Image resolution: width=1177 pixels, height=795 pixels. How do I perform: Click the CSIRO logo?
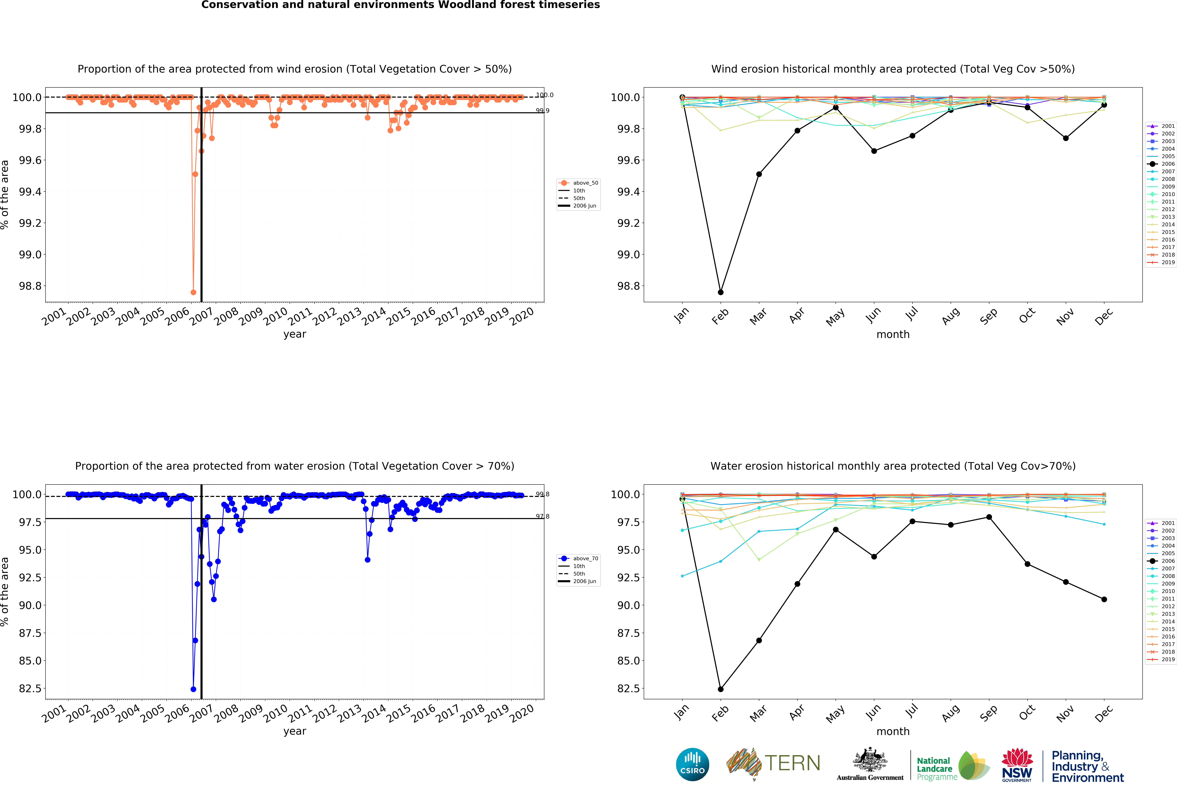(x=692, y=764)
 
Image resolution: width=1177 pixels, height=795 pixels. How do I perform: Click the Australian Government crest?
(x=870, y=760)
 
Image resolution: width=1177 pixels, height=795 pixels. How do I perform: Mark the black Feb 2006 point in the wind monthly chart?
(x=721, y=292)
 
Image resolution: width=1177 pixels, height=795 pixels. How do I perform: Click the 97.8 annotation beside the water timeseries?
(x=542, y=517)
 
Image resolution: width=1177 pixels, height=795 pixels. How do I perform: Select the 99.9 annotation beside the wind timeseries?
(x=542, y=110)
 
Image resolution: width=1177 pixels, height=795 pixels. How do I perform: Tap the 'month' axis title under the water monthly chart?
(x=893, y=731)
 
